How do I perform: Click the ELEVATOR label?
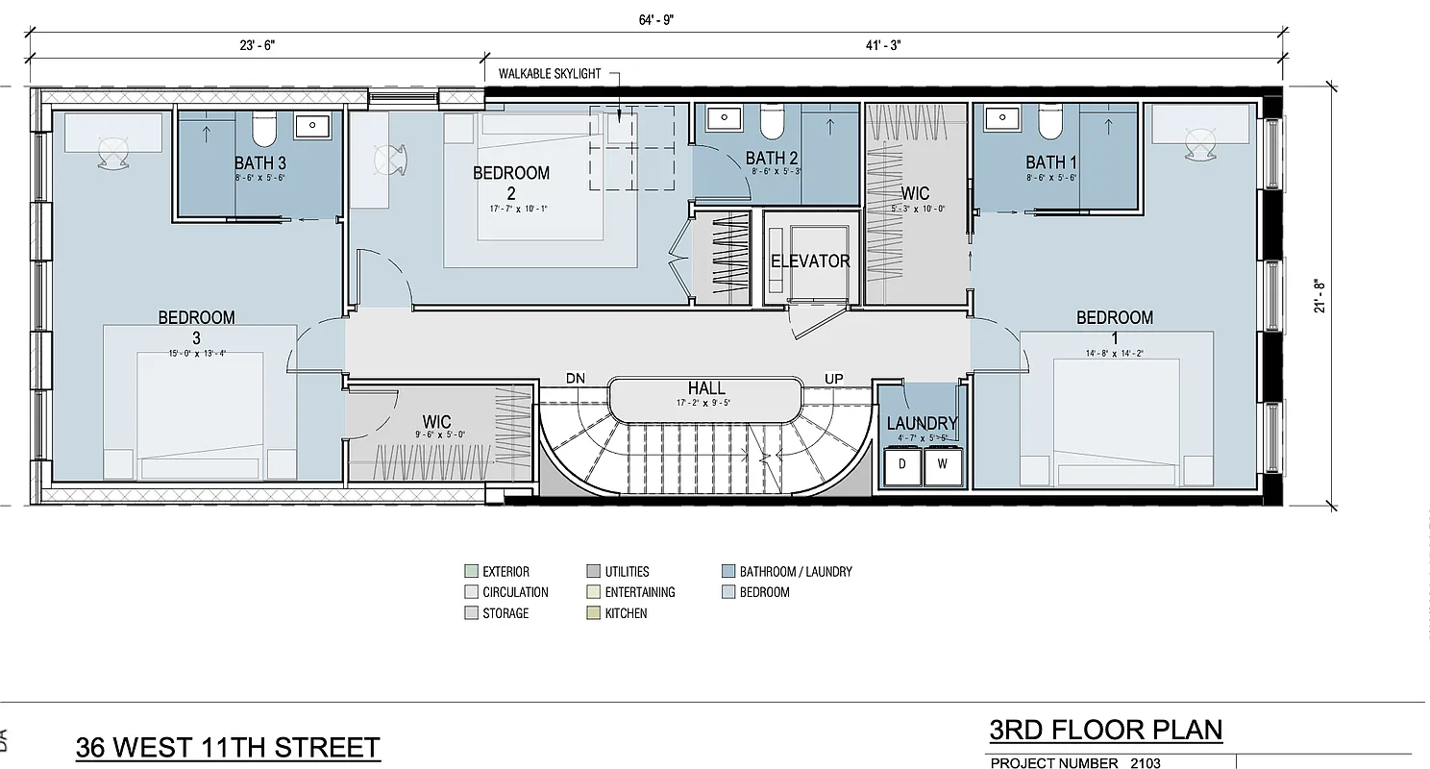[x=810, y=261]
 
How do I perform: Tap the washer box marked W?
[x=942, y=464]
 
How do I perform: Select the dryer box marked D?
[x=902, y=464]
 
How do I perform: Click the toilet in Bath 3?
[x=263, y=127]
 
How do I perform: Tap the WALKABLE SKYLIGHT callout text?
[x=550, y=73]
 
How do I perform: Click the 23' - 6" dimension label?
[x=257, y=44]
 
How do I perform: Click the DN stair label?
[x=577, y=378]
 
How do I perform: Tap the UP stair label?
[x=833, y=379]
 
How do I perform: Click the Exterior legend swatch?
[x=471, y=571]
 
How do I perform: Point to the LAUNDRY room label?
[x=921, y=423]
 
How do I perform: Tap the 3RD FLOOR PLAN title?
[x=1105, y=730]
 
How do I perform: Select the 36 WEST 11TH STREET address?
[x=228, y=747]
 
